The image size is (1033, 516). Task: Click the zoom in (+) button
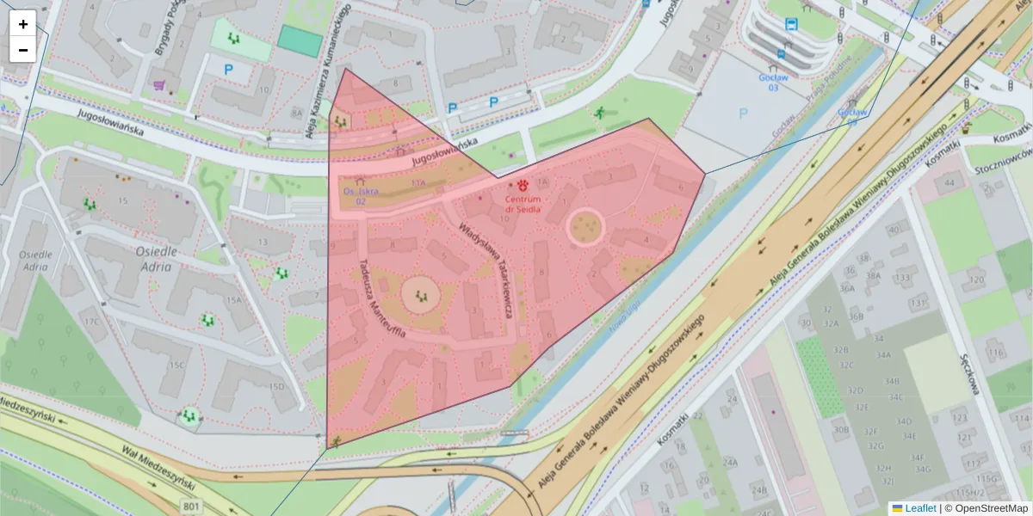23,24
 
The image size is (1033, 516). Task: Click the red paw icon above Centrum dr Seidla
523,185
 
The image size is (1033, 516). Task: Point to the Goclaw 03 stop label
773,82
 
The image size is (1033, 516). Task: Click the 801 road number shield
192,507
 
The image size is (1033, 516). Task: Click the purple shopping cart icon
158,84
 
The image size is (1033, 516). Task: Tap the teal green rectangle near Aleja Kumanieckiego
300,41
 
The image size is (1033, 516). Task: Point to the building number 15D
276,387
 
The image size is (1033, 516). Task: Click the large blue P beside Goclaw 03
743,113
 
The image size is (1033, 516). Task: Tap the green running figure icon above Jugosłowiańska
600,113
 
